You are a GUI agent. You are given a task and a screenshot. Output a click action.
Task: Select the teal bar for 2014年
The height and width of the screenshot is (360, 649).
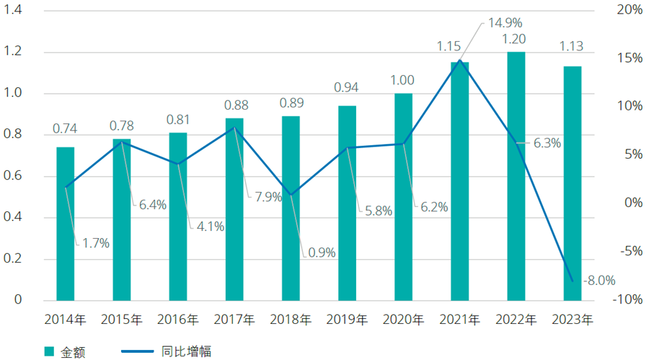coord(66,224)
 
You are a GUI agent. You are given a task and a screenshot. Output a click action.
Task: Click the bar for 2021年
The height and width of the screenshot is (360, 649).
coord(460,180)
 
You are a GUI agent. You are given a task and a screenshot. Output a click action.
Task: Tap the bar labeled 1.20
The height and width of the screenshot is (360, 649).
coord(516,176)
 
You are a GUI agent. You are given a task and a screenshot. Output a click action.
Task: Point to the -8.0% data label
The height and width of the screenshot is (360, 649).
coord(598,280)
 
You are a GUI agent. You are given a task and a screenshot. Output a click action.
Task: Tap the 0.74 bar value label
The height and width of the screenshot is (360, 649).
coord(66,129)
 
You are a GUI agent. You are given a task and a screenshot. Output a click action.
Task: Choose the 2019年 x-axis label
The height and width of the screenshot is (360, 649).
coord(348,319)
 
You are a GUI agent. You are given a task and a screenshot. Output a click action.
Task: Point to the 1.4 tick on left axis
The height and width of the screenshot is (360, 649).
coord(14,10)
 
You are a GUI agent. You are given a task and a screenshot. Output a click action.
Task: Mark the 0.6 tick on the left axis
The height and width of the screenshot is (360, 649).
coord(14,176)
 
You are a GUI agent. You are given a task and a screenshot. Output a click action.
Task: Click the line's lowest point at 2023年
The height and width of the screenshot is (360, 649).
coord(573,281)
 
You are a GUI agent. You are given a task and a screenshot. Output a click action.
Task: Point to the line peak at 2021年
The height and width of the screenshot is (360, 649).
coord(460,60)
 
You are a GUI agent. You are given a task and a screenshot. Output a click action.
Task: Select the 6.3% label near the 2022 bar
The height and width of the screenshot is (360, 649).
coord(547,144)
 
